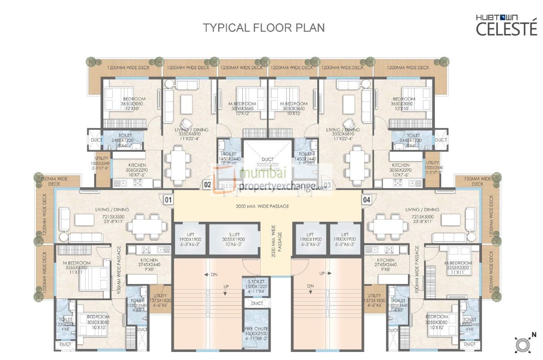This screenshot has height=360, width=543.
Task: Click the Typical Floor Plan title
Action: [x=264, y=27]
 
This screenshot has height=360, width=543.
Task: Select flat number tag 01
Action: [x=168, y=199]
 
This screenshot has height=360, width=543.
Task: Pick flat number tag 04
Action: [x=367, y=199]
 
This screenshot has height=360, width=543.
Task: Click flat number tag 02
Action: [x=207, y=184]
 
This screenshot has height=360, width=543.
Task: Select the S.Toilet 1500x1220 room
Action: [x=257, y=286]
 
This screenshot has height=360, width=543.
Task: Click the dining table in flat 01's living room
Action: [x=145, y=223]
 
